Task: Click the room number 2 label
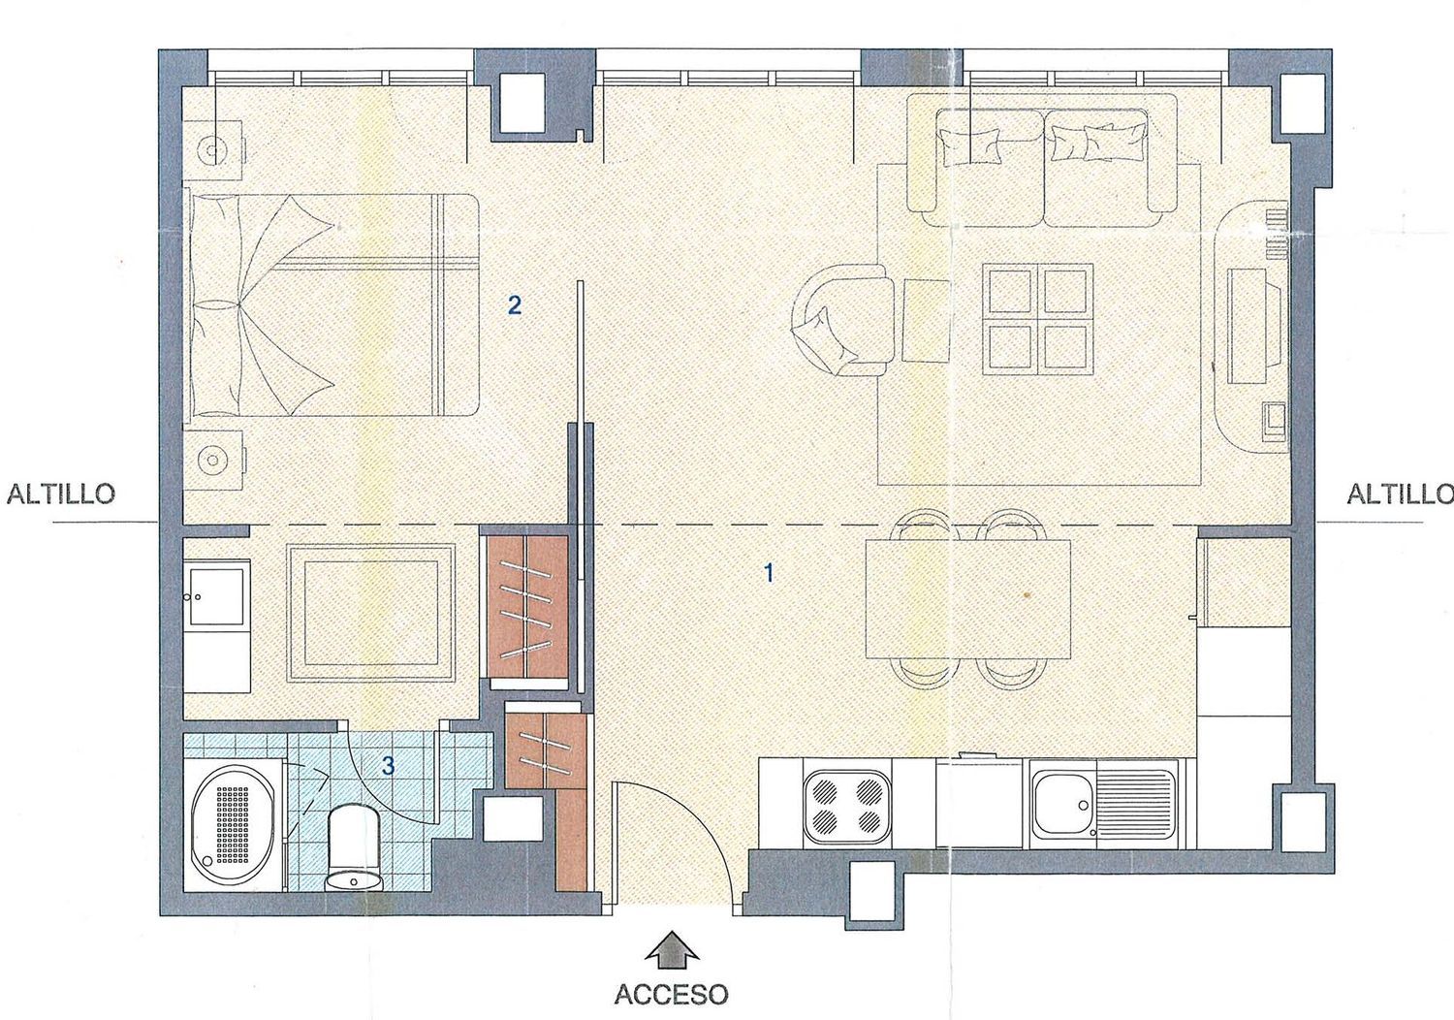click(514, 304)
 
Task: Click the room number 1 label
click(770, 573)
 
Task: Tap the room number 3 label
click(388, 766)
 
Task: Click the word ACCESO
click(671, 994)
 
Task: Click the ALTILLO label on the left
click(60, 494)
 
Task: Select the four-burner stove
click(847, 806)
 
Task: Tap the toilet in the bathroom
click(354, 848)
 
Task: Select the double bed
click(332, 304)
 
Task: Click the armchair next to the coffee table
click(841, 319)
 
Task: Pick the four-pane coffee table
click(1037, 319)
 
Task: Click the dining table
click(967, 597)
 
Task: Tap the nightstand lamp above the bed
click(212, 150)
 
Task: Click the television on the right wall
click(1248, 326)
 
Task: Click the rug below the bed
click(371, 613)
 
